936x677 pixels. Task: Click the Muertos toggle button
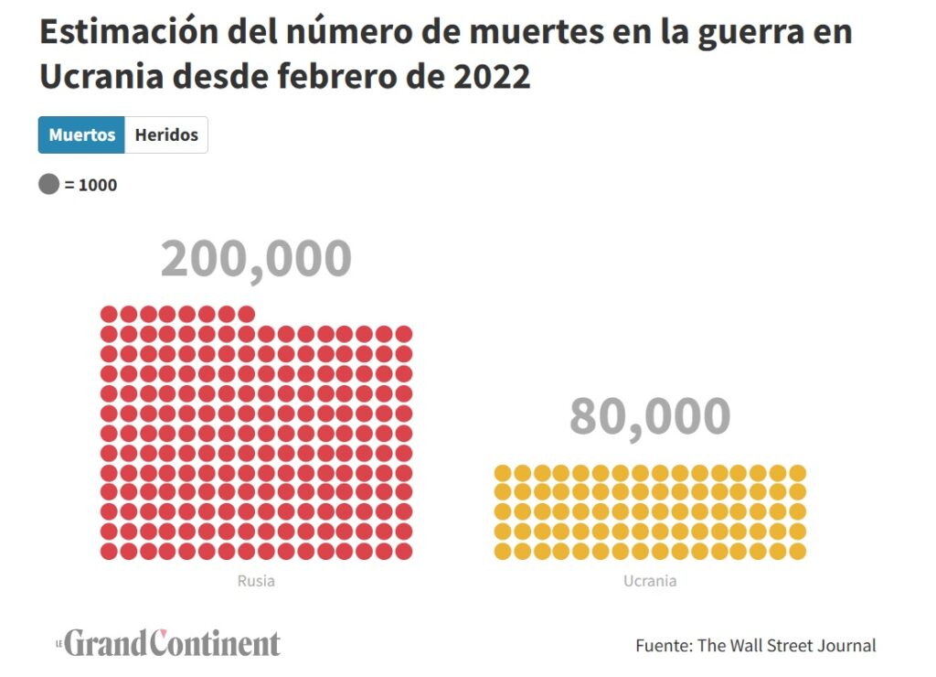click(x=81, y=135)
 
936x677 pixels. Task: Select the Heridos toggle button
click(x=166, y=135)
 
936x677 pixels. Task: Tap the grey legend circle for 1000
click(x=48, y=185)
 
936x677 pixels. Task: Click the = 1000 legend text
click(x=90, y=185)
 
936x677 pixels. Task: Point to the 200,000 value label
click(x=256, y=259)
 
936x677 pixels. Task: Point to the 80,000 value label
click(x=650, y=416)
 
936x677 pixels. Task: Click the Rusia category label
click(x=256, y=581)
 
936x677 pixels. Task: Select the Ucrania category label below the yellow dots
click(x=650, y=581)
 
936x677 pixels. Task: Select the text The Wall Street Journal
click(x=786, y=645)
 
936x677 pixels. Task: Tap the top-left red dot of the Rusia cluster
click(x=109, y=314)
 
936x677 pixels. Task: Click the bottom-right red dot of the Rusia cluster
click(x=404, y=551)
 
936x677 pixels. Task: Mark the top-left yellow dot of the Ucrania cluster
click(x=503, y=472)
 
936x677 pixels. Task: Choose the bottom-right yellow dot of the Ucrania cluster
click(x=797, y=551)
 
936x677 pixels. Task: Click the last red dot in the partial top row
click(x=247, y=314)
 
